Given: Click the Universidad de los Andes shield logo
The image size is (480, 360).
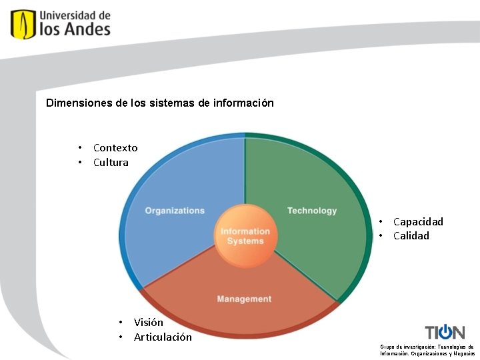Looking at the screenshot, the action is coord(23,24).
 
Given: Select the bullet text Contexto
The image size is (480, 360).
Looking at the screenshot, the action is coord(115,148).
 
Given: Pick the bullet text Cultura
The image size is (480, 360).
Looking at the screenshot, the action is coord(111,162).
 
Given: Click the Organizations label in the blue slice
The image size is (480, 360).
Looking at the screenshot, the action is coord(175,211).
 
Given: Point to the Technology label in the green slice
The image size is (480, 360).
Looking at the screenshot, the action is coord(312,211).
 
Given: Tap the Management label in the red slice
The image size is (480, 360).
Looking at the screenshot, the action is coord(244,299).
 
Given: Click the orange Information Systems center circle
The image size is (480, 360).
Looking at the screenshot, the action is coord(245,236).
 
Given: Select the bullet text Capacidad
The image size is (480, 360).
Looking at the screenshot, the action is coord(418,222).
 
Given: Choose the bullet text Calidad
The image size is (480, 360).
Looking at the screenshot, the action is coord(411,236).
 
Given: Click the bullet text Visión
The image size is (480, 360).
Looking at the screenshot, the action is coord(149,323).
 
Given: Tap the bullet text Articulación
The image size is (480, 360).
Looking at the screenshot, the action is coord(163,337).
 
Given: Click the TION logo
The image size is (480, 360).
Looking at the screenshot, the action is coord(445,332).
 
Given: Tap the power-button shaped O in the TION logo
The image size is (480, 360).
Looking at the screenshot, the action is coord(445,332).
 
